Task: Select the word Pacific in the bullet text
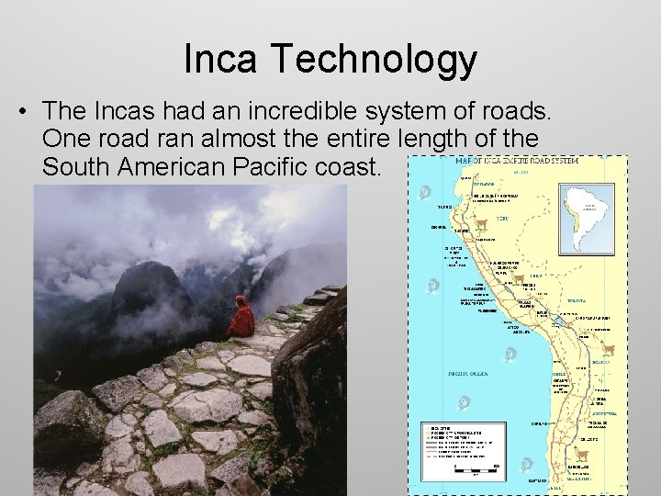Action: pyautogui.click(x=276, y=169)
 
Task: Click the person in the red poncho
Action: pyautogui.click(x=241, y=317)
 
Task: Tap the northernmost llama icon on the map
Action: pyautogui.click(x=481, y=224)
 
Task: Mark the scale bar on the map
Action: pyautogui.click(x=476, y=468)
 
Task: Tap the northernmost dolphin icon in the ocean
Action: pyautogui.click(x=424, y=193)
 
